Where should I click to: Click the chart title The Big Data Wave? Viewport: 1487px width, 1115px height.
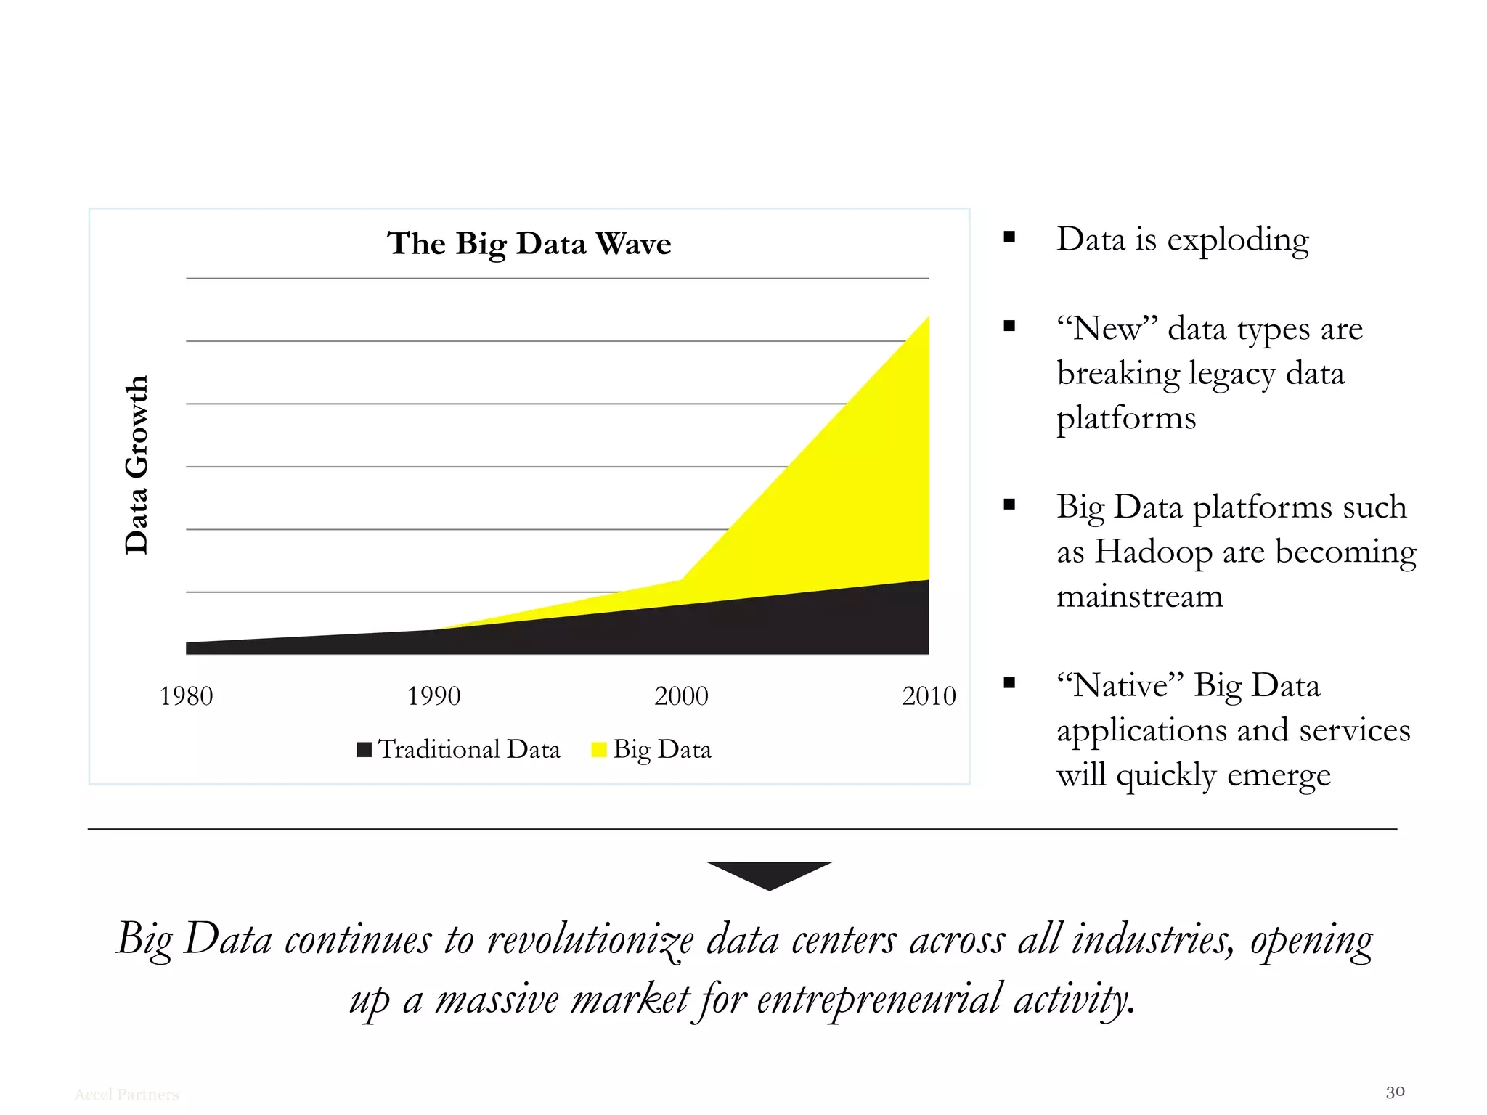point(529,243)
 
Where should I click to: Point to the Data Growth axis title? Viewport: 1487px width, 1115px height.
point(137,465)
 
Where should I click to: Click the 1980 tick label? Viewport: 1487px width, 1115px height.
point(186,696)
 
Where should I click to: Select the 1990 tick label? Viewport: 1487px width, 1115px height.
point(433,696)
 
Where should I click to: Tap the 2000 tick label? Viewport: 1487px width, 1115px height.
point(681,696)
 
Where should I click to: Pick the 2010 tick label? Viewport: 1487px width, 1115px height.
point(929,696)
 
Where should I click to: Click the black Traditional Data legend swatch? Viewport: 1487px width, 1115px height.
point(364,749)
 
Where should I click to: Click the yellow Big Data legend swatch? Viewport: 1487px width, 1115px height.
point(599,749)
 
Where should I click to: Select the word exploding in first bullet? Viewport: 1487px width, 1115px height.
point(1237,240)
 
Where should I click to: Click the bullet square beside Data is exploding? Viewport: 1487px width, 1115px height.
point(1009,237)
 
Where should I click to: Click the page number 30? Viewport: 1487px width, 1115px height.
point(1395,1092)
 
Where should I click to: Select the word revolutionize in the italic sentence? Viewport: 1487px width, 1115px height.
point(590,940)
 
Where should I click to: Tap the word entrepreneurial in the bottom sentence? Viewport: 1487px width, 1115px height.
point(879,1000)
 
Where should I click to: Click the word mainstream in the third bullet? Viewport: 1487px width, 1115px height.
point(1139,597)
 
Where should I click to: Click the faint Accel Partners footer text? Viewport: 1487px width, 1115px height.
point(126,1095)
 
